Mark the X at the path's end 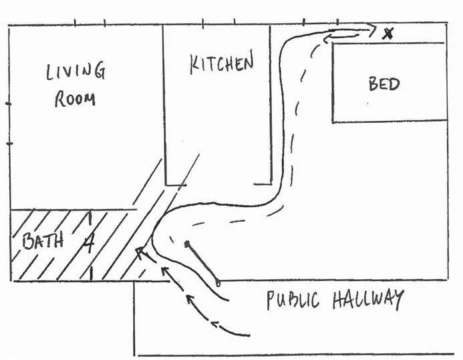pyautogui.click(x=387, y=32)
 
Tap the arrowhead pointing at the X pyautogui.click(x=371, y=27)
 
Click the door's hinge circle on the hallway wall pyautogui.click(x=218, y=283)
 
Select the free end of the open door pyautogui.click(x=188, y=243)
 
